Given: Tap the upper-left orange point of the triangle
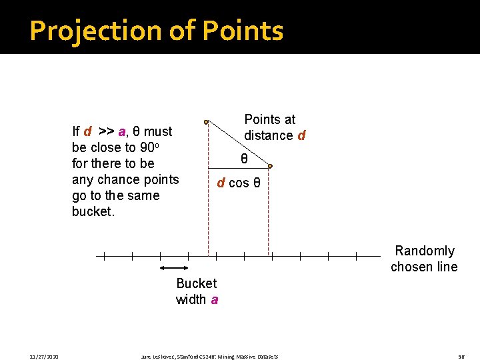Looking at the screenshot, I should point(207,122).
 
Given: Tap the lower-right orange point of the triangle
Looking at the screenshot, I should point(269,167).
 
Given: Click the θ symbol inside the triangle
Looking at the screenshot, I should point(244,159).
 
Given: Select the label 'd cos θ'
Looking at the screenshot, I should point(243,183).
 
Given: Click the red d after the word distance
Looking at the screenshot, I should point(301,135).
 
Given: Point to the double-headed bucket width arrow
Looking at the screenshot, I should point(175,267).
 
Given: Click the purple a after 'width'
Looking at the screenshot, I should point(214,299).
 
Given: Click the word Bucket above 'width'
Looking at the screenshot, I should point(196,283).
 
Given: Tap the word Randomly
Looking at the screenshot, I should point(425,251).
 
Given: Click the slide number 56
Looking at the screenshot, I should point(461,357).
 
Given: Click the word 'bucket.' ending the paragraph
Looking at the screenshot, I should point(93,211).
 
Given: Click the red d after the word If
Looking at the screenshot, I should point(87,131).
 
